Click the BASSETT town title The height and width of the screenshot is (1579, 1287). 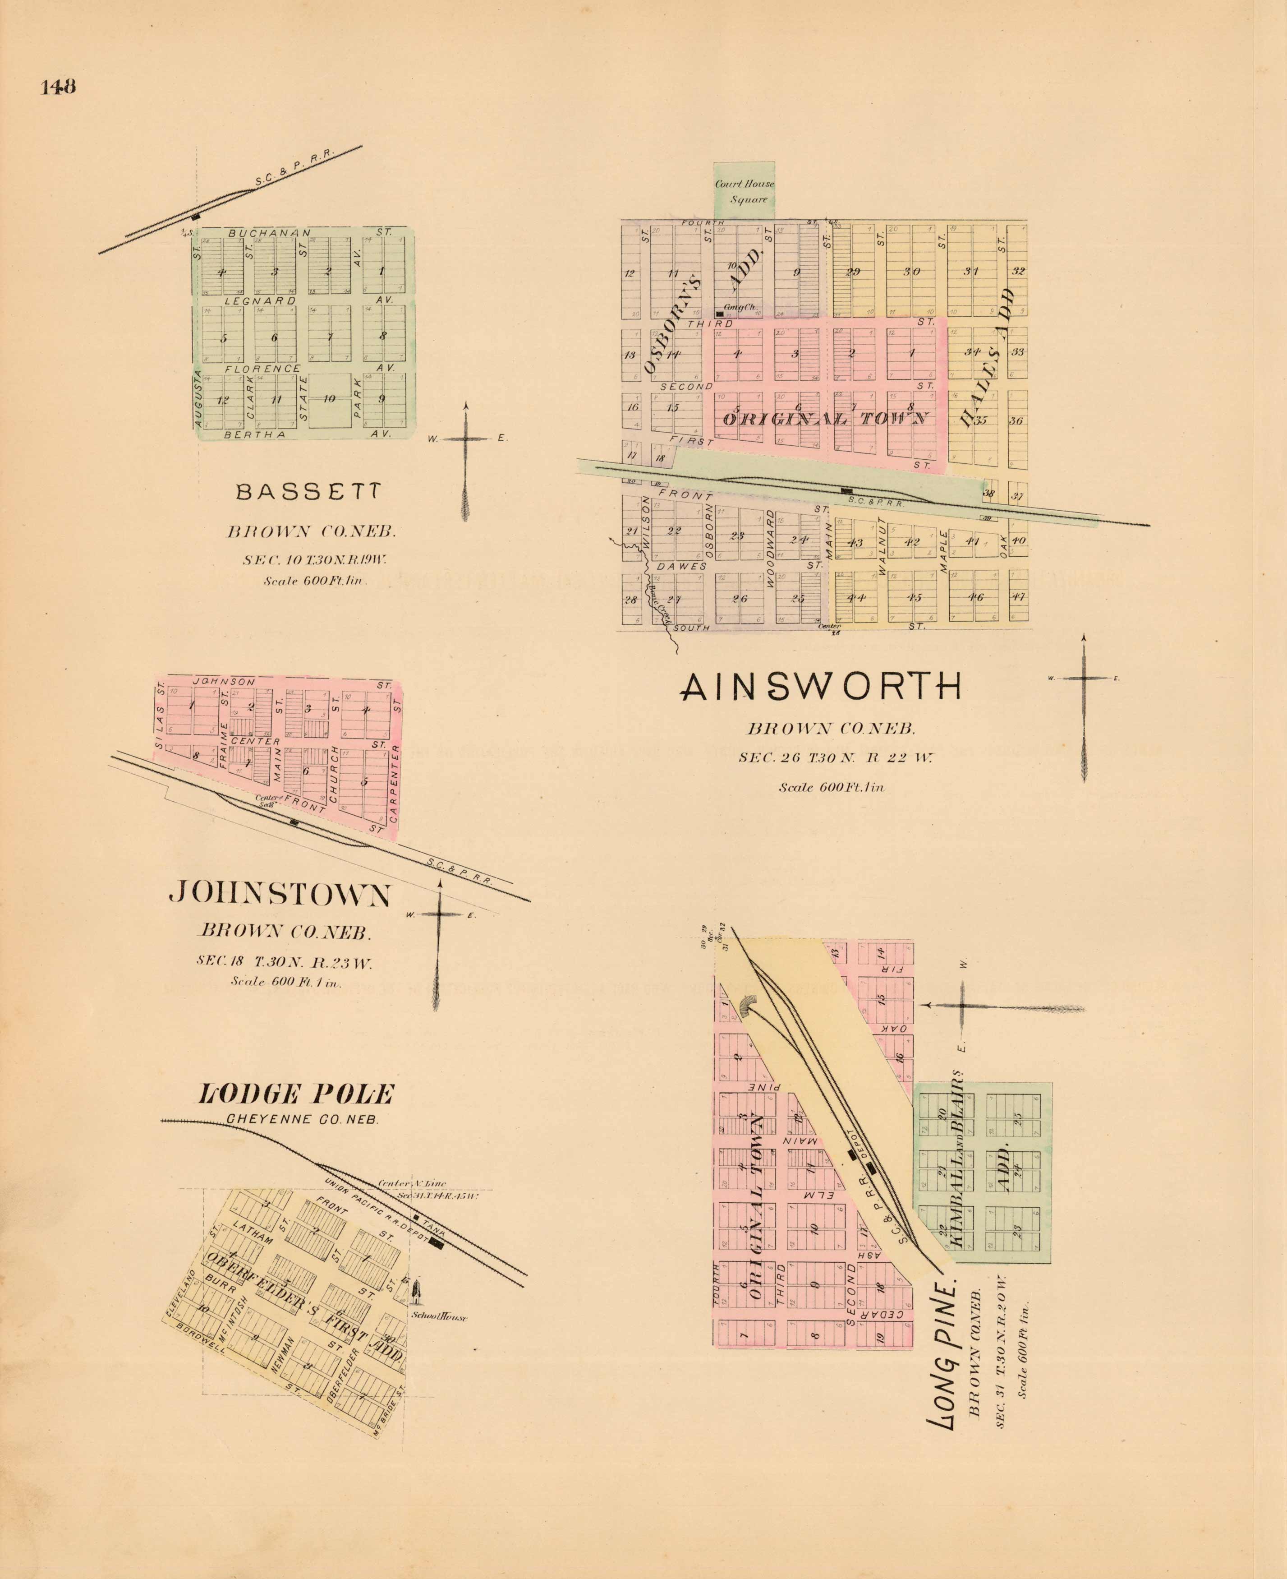click(309, 492)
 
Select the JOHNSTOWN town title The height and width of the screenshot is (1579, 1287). click(280, 895)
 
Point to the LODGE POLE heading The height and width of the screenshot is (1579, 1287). click(295, 1094)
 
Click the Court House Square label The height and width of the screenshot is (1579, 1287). click(745, 191)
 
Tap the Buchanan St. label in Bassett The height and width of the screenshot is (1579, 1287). click(270, 233)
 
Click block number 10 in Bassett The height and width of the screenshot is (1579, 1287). click(329, 399)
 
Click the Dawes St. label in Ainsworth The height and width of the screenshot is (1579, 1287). click(682, 567)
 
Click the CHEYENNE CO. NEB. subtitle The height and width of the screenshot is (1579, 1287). click(303, 1120)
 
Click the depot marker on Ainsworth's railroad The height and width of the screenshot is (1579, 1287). click(845, 490)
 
